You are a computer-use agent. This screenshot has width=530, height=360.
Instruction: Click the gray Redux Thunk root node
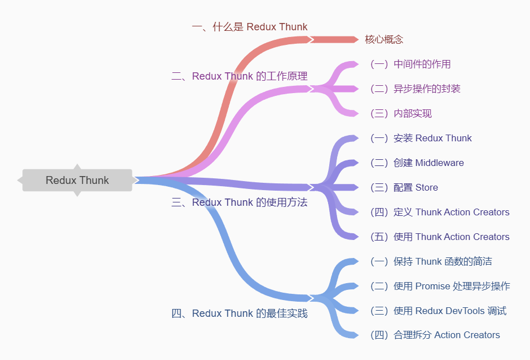click(x=77, y=180)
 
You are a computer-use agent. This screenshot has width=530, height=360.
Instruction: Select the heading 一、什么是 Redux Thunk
click(x=250, y=27)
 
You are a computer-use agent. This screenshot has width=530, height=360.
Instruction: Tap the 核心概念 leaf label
click(x=384, y=39)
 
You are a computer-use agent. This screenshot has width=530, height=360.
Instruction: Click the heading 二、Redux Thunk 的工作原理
click(x=239, y=76)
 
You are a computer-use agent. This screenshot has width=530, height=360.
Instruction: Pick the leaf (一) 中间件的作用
click(x=410, y=64)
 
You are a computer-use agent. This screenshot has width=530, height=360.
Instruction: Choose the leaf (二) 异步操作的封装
click(x=415, y=89)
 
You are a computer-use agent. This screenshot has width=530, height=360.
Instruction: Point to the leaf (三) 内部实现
click(x=400, y=113)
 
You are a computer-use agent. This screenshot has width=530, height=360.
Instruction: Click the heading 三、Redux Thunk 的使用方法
click(x=239, y=202)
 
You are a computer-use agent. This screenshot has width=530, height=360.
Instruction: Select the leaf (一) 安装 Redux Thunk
click(x=421, y=138)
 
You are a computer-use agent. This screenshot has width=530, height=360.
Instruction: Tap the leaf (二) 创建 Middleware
click(x=417, y=163)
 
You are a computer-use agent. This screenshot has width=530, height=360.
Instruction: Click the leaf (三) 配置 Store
click(x=404, y=187)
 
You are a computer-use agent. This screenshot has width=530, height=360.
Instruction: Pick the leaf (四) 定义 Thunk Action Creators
click(x=440, y=212)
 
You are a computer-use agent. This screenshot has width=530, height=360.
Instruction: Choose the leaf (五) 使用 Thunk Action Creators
click(x=440, y=237)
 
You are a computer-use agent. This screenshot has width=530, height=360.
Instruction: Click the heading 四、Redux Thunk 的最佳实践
click(x=239, y=313)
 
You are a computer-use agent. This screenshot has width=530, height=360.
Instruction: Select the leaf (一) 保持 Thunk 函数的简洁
click(x=431, y=261)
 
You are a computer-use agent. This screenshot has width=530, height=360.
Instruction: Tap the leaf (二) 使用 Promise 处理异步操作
click(x=440, y=286)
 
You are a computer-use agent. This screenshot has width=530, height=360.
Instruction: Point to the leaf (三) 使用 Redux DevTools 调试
click(x=438, y=311)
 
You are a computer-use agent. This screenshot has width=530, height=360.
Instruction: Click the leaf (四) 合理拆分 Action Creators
click(x=435, y=335)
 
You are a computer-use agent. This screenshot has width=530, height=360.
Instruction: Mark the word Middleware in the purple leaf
click(x=439, y=163)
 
